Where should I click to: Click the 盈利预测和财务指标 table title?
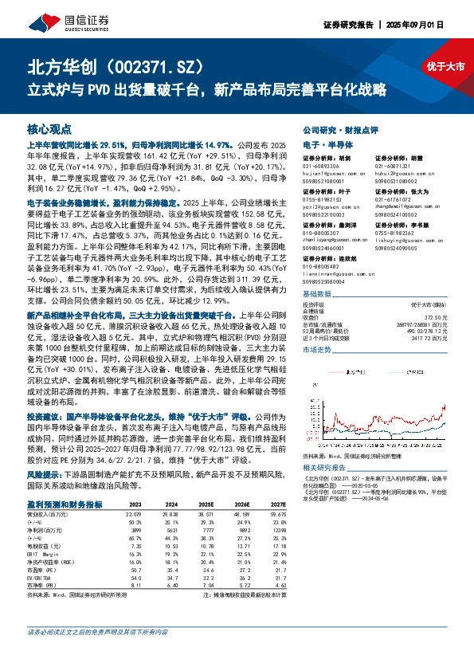pos(64,504)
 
